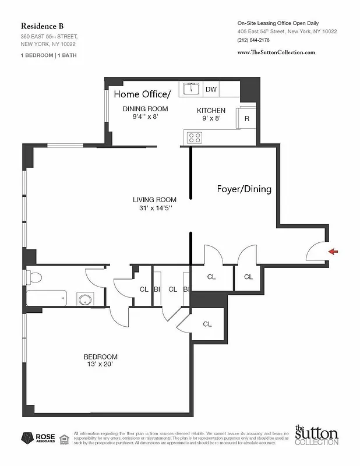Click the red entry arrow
click(333, 252)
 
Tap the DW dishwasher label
click(211, 89)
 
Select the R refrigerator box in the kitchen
click(246, 119)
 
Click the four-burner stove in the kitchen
click(194, 138)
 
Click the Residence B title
click(43, 26)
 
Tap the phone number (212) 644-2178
click(253, 40)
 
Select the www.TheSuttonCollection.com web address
click(277, 52)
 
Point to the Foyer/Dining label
click(243, 189)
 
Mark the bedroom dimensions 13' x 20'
click(100, 365)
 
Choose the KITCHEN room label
click(211, 110)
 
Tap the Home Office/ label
click(142, 94)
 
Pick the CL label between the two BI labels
click(172, 289)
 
